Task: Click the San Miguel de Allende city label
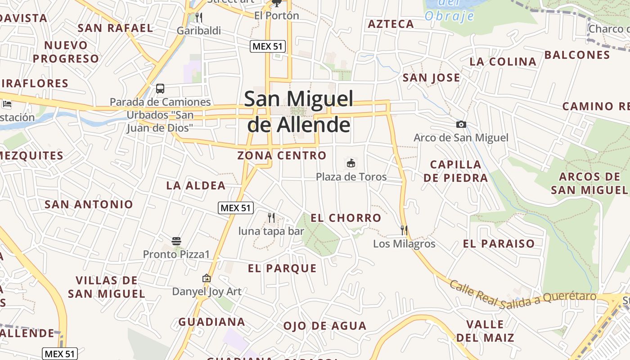[299, 112]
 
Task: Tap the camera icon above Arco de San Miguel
[461, 125]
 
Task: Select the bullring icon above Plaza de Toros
[351, 163]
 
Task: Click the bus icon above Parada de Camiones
[160, 89]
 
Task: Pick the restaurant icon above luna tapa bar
[271, 218]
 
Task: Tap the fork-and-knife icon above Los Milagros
[404, 230]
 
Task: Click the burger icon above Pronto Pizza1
[176, 241]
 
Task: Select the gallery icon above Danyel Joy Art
[207, 279]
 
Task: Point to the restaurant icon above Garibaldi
[198, 18]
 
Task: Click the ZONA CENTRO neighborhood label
[282, 156]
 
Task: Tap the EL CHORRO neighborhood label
[346, 218]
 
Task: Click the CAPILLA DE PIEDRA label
[455, 171]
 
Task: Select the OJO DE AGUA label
[324, 326]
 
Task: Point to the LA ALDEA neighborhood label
[196, 185]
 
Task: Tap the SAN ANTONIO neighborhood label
[89, 204]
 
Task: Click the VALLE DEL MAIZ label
[485, 331]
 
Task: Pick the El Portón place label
[276, 16]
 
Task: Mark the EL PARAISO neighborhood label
[499, 244]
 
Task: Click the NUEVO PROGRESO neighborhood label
[66, 52]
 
